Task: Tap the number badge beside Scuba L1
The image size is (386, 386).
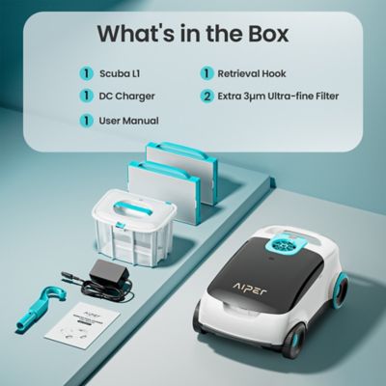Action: pyautogui.click(x=85, y=72)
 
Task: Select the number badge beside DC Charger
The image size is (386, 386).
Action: pyautogui.click(x=85, y=96)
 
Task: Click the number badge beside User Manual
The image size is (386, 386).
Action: pyautogui.click(x=85, y=121)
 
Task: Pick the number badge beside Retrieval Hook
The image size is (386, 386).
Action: pyautogui.click(x=206, y=72)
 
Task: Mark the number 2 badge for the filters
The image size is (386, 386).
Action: pyautogui.click(x=206, y=96)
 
